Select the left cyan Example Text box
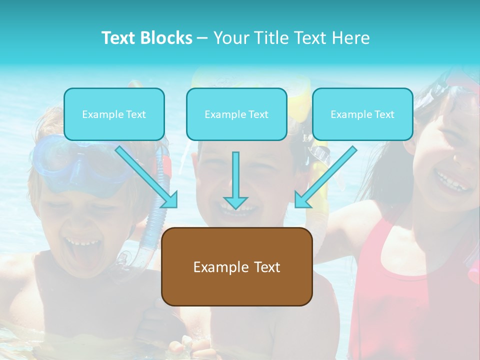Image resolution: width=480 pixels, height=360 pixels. [114, 114]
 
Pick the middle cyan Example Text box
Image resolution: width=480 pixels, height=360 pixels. [236, 114]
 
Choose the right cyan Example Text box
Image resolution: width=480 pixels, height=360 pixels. [362, 114]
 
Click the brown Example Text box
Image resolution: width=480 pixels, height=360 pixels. [236, 266]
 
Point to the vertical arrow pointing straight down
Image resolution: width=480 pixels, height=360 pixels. [235, 180]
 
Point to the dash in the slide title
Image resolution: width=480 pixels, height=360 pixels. [202, 38]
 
